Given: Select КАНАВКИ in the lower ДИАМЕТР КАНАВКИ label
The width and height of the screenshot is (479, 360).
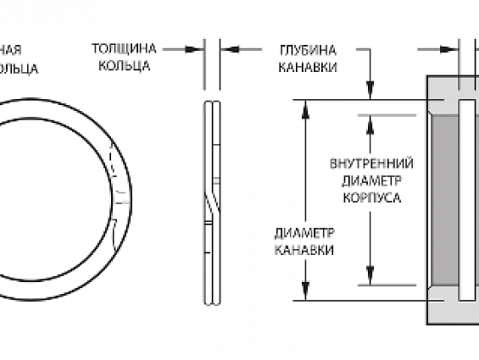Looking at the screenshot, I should [x=304, y=251].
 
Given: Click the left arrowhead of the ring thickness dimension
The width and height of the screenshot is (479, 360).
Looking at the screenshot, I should [x=200, y=49].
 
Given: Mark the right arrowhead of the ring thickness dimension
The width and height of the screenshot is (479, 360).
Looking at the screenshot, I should [x=225, y=49].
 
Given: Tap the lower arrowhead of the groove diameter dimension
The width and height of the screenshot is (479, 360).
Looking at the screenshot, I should [x=304, y=293].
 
